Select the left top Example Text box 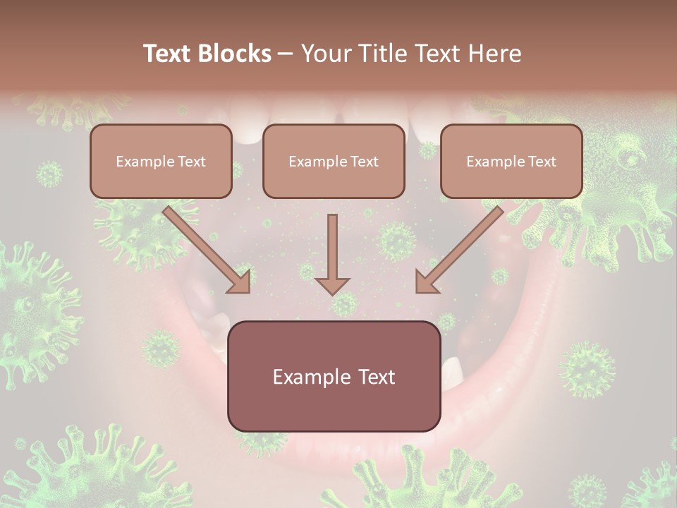pos(161,161)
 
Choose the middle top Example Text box pos(334,161)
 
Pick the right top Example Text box pos(511,161)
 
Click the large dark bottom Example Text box pos(334,376)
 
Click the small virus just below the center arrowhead pos(344,305)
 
